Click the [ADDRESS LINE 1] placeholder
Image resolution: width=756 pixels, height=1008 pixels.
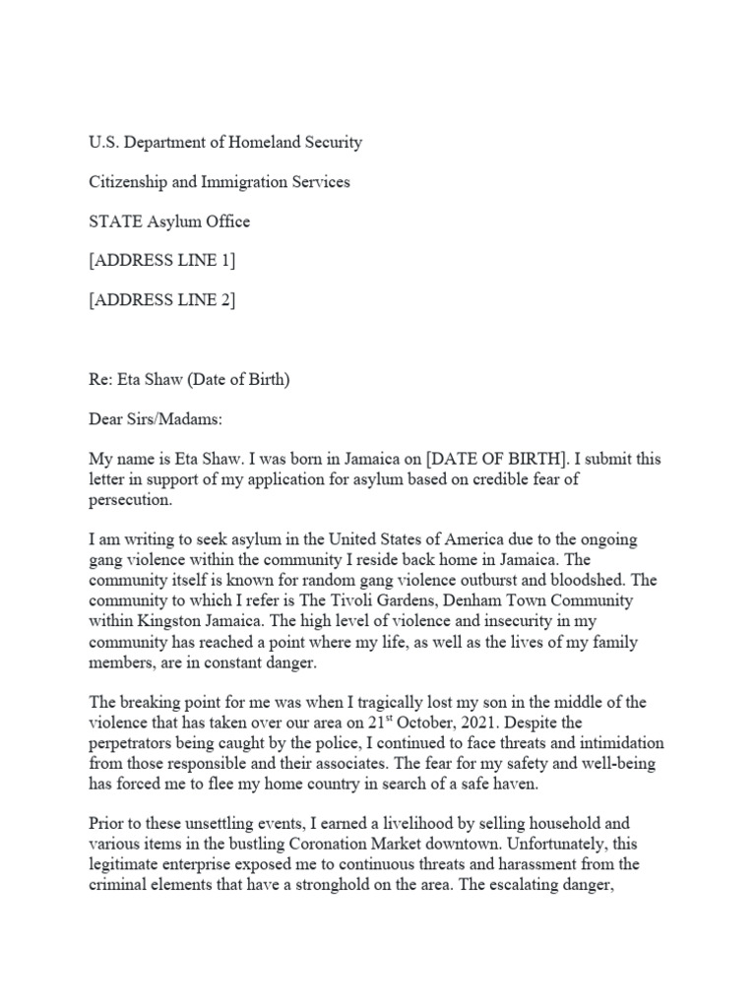[x=162, y=261]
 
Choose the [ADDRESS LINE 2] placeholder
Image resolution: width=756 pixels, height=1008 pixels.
[x=162, y=300]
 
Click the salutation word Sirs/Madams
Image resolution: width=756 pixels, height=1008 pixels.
[x=177, y=419]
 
